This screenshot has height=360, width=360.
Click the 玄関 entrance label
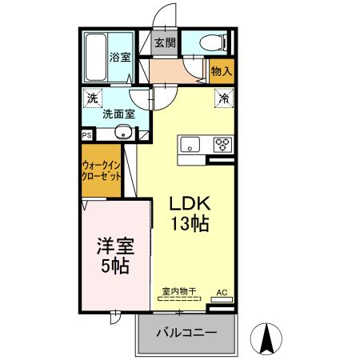coord(165,42)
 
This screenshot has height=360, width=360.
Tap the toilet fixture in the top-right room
coord(216,42)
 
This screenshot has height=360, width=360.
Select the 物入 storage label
coord(222,72)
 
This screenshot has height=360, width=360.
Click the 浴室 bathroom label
coord(120,57)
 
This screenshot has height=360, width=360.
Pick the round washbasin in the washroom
coord(124,133)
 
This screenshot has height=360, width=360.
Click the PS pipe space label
coord(86,136)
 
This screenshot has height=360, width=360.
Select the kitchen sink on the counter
coord(191,145)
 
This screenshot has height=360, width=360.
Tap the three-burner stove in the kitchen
coord(221,145)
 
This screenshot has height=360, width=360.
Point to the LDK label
coord(189,204)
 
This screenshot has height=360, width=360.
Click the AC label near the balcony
coord(222,293)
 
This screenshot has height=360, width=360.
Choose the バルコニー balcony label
coord(186,332)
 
